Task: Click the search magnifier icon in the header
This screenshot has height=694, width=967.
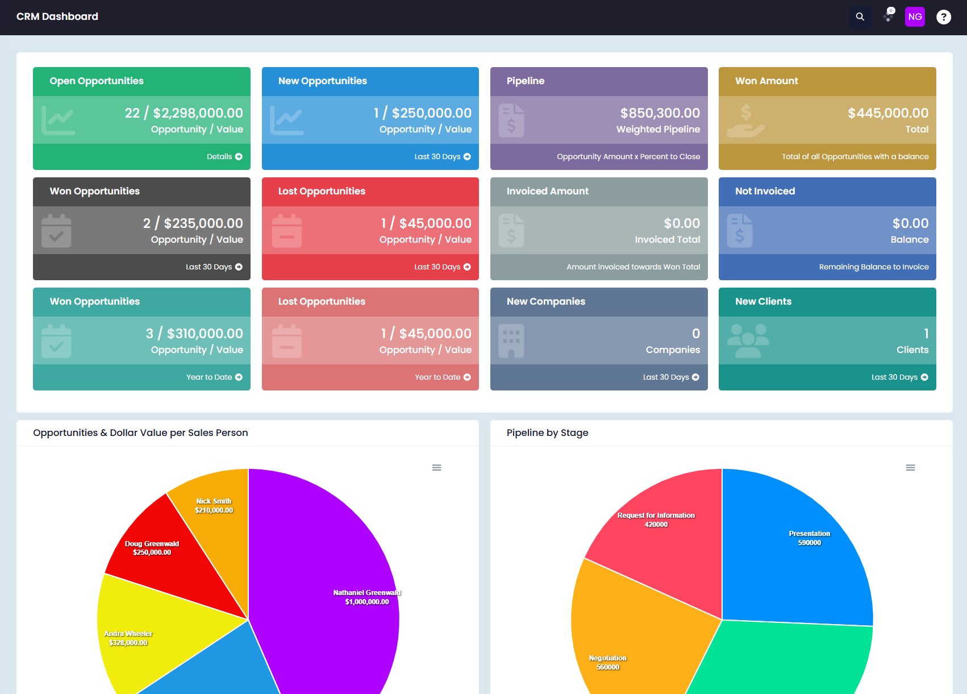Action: pyautogui.click(x=860, y=17)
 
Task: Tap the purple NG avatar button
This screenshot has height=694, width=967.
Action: pyautogui.click(x=915, y=17)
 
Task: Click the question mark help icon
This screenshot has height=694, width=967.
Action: pyautogui.click(x=943, y=17)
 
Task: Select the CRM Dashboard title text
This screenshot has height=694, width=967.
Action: pyautogui.click(x=57, y=16)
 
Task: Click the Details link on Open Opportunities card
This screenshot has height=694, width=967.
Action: pyautogui.click(x=224, y=156)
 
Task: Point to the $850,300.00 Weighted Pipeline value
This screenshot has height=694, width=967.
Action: pyautogui.click(x=660, y=113)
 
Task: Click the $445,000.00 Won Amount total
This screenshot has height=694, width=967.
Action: pyautogui.click(x=888, y=113)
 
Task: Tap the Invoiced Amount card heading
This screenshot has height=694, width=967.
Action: pyautogui.click(x=547, y=191)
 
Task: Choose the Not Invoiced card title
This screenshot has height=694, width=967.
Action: pyautogui.click(x=765, y=191)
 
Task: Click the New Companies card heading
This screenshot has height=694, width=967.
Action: pyautogui.click(x=545, y=301)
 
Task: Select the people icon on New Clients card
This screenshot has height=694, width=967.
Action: pyautogui.click(x=748, y=340)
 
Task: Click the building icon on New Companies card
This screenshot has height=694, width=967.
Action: pyautogui.click(x=511, y=340)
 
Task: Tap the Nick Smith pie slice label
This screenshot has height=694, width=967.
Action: pyautogui.click(x=214, y=505)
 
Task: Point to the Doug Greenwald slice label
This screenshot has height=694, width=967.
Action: pyautogui.click(x=152, y=547)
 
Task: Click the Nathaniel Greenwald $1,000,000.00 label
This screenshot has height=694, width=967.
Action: pyautogui.click(x=367, y=597)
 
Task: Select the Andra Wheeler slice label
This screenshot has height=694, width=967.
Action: pyautogui.click(x=128, y=638)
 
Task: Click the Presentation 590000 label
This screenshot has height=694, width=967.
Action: pyautogui.click(x=809, y=538)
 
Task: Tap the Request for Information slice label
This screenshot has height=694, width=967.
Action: pyautogui.click(x=656, y=520)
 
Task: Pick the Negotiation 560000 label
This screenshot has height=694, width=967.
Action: pyautogui.click(x=607, y=662)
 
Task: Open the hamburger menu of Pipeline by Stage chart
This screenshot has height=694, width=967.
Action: pyautogui.click(x=910, y=467)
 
